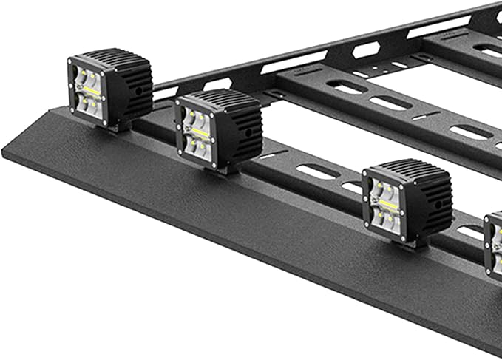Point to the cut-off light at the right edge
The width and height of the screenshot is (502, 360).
pos(494,244)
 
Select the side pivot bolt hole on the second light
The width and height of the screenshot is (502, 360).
pos(248,133)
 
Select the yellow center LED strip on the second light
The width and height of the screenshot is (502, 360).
pos(200,133)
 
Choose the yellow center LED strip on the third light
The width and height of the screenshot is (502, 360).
pos(389,206)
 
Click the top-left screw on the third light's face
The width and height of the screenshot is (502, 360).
pos(367,175)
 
